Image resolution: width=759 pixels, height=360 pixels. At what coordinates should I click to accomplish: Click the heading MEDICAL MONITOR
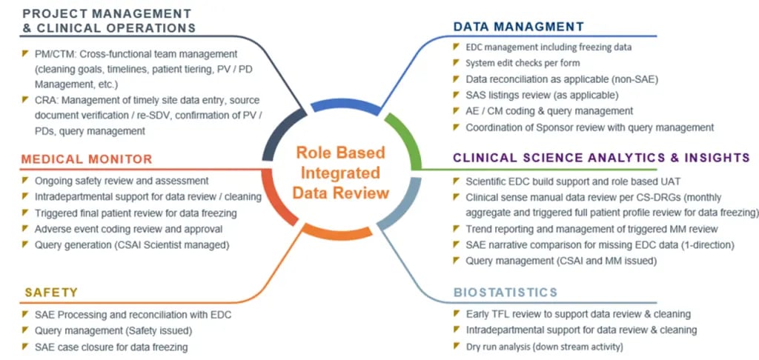pos(87,159)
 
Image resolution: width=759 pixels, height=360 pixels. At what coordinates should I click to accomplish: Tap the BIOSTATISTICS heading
pos(505,292)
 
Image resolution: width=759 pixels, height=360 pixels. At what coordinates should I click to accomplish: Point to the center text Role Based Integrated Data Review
pos(342,173)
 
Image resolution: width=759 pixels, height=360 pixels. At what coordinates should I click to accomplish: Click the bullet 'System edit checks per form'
pos(523,63)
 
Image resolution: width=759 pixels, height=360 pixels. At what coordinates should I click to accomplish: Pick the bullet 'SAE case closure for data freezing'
pos(111,347)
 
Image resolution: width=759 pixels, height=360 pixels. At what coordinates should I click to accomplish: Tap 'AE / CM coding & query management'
pos(549,111)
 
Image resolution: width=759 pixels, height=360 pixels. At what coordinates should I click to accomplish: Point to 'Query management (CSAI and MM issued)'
pos(556,261)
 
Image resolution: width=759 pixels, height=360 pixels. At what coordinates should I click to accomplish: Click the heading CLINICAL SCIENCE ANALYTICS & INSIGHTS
pos(601,158)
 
